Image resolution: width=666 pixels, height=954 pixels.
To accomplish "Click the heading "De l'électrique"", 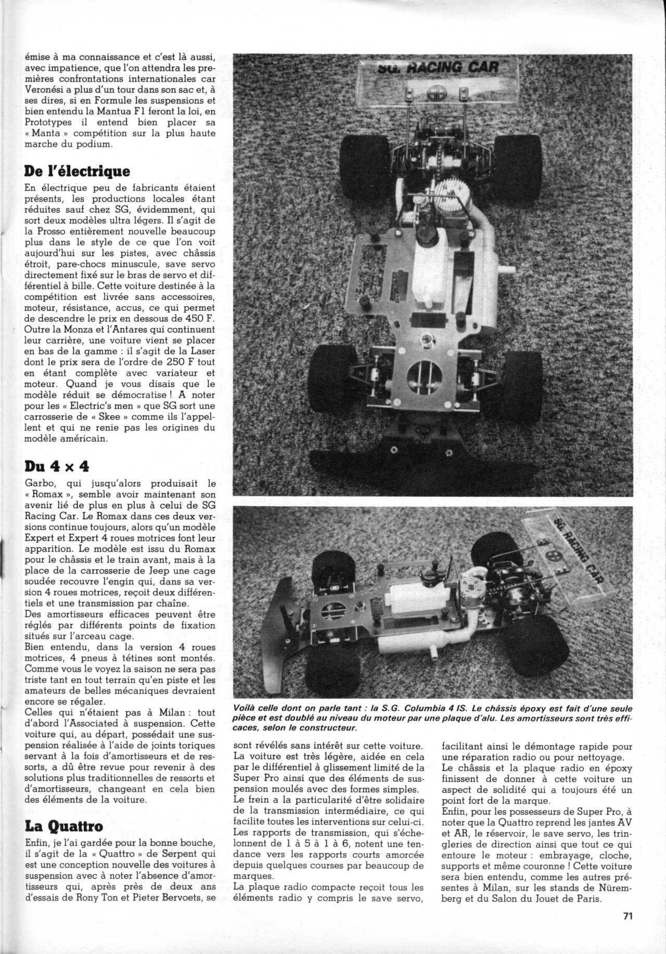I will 70,171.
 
